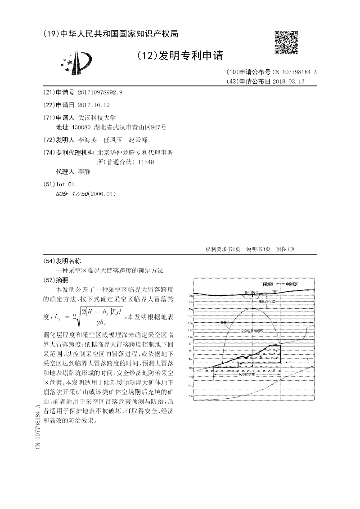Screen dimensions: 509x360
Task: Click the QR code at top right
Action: pyautogui.click(x=286, y=42)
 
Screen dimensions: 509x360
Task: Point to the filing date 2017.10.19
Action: pyautogui.click(x=94, y=104)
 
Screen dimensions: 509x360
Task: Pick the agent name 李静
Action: pyautogui.click(x=85, y=172)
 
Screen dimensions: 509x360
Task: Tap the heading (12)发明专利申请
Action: pyautogui.click(x=179, y=55)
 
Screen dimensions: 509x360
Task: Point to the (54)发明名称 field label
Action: pyautogui.click(x=62, y=261)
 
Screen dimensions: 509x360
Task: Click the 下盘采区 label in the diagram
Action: pyautogui.click(x=269, y=284)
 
